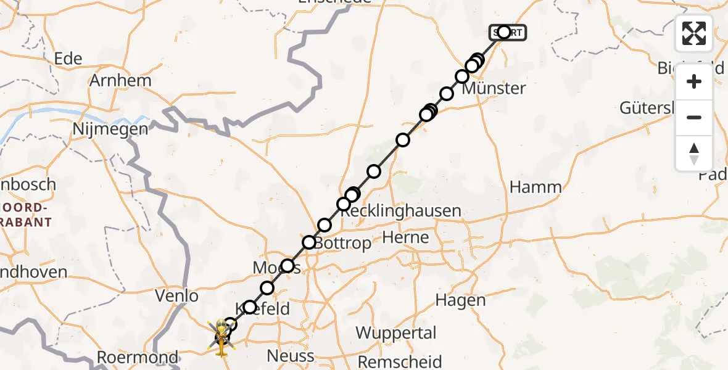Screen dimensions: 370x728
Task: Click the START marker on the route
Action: point(507,32)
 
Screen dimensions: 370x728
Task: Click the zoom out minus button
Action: point(694,117)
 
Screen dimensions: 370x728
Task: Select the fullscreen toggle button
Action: point(694,33)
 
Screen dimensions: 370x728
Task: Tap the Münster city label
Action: point(494,88)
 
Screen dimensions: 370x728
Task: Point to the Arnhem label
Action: point(120,81)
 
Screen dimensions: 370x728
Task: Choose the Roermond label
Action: point(138,358)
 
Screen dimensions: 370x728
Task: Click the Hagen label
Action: point(460,300)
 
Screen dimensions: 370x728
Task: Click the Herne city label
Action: point(405,237)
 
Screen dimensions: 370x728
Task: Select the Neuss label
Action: point(290,356)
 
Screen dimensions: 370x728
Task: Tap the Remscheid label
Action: point(400,361)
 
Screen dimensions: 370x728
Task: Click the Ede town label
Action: point(68,59)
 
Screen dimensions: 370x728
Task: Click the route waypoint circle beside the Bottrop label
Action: point(309,242)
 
